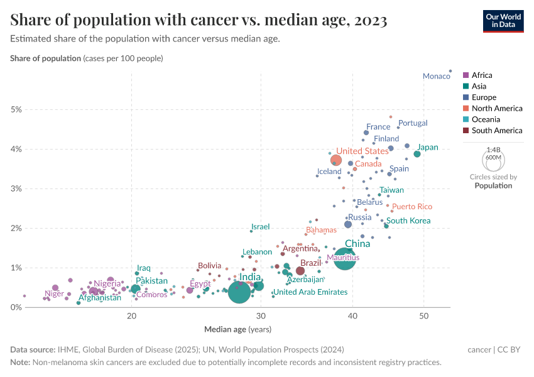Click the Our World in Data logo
click(x=503, y=20)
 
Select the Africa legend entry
click(x=481, y=75)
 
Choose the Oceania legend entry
click(x=485, y=119)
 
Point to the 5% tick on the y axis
click(x=16, y=109)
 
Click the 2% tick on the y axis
click(x=16, y=228)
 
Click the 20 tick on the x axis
click(x=132, y=315)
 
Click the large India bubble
click(x=239, y=292)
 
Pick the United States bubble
click(x=336, y=160)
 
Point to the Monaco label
click(x=436, y=76)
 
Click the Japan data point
click(x=417, y=154)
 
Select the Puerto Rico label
click(x=412, y=207)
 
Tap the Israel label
click(x=260, y=227)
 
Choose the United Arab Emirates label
click(x=310, y=292)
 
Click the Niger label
click(x=54, y=293)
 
